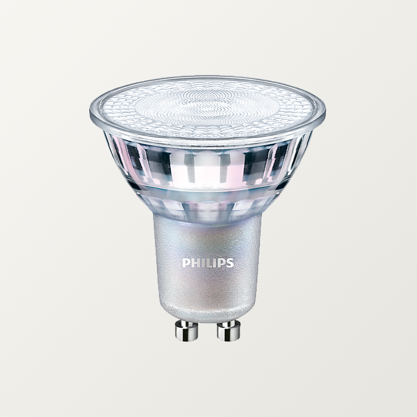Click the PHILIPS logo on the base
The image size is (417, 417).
point(207,263)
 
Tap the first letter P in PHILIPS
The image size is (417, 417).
point(185,263)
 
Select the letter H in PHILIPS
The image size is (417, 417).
point(194,263)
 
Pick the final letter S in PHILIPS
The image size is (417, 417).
point(229,263)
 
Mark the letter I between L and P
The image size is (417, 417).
point(213,263)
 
